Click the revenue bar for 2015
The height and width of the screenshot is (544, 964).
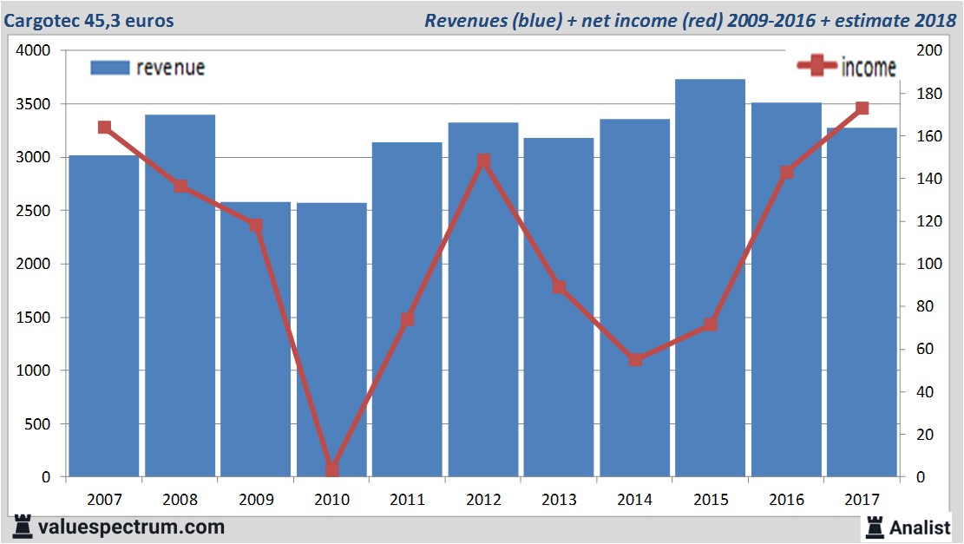click(710, 278)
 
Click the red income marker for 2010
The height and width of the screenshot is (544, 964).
click(331, 469)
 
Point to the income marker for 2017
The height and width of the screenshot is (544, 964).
click(862, 108)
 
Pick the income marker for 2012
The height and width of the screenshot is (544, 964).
click(483, 161)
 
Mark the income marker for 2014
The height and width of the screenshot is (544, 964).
click(635, 359)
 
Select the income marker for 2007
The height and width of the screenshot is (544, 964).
click(104, 128)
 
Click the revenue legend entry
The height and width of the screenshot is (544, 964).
click(148, 68)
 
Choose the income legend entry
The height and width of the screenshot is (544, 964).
click(847, 67)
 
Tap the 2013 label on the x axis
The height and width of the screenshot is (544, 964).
click(559, 500)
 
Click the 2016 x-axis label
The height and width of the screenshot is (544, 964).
click(786, 500)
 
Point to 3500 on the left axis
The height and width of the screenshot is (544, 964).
click(32, 104)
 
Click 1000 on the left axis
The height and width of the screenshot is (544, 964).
click(32, 370)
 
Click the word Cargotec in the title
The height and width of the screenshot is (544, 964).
click(38, 20)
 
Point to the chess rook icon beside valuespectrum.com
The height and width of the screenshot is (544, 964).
click(21, 527)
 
